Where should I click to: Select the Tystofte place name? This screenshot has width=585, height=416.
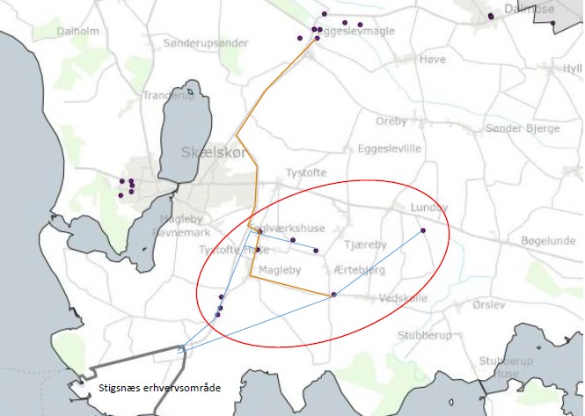pos(307,172)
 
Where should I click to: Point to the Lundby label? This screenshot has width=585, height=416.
pos(428,208)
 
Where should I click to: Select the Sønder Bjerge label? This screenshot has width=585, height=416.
pos(522,128)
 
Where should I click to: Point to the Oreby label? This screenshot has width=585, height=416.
pos(391,121)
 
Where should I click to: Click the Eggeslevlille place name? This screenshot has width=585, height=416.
pos(390,149)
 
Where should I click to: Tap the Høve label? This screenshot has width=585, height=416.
pos(433,59)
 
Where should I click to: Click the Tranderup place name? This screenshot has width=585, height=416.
pos(167,96)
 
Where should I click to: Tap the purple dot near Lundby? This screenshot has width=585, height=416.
pos(423,230)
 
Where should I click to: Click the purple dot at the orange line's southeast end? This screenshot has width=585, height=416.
pos(333,294)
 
